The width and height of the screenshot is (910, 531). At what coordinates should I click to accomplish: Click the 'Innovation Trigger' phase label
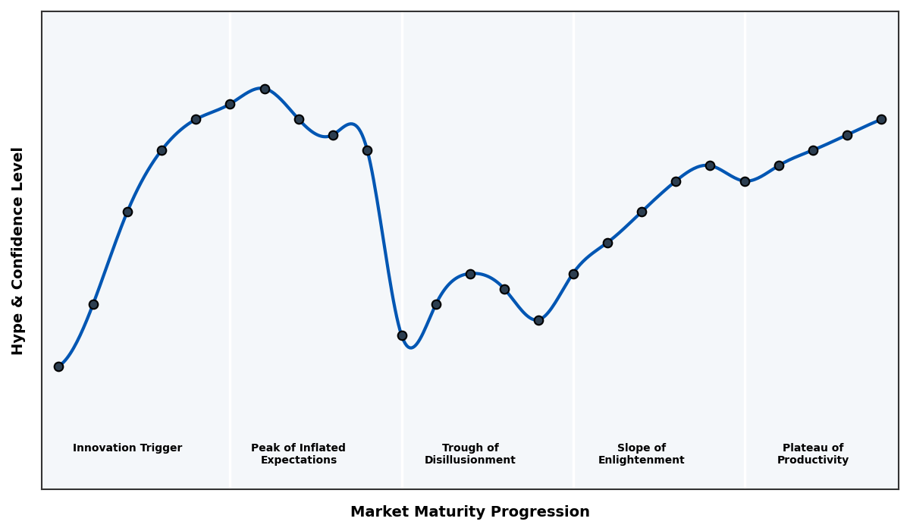[x=127, y=448]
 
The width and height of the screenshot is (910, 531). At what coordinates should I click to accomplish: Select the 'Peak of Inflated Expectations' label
[x=298, y=454]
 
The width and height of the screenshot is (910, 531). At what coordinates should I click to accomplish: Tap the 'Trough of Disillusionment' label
[x=470, y=454]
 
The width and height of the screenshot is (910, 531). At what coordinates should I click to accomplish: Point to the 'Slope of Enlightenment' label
[x=641, y=454]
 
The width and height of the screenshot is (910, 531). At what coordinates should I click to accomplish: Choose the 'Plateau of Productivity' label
[x=813, y=454]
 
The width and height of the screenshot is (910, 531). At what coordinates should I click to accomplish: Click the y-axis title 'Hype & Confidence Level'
[x=18, y=250]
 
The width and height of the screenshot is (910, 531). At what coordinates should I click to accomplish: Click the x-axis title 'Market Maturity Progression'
[x=470, y=512]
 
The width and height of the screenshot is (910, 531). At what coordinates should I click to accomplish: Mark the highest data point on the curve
[x=265, y=89]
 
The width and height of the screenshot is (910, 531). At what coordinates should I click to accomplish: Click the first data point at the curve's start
[x=58, y=366]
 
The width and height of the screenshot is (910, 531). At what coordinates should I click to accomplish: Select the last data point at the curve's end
[x=881, y=119]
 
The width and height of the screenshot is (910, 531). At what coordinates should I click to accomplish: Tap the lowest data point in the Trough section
[x=402, y=335]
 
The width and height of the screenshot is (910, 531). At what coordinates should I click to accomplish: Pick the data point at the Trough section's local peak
[x=470, y=274]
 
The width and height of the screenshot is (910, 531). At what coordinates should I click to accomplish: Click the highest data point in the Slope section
[x=710, y=165]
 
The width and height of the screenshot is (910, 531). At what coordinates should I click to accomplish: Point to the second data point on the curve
[x=93, y=304]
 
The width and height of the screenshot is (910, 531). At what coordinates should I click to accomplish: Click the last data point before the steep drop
[x=367, y=150]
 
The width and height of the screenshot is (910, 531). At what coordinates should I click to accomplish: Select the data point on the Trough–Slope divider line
[x=573, y=274]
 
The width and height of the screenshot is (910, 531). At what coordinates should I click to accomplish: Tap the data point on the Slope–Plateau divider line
[x=745, y=181]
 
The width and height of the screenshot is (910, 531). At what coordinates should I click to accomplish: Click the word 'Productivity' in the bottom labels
[x=813, y=460]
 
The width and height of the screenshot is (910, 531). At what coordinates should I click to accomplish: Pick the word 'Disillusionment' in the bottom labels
[x=470, y=460]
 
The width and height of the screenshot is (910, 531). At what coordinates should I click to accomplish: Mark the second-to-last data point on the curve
[x=847, y=135]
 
